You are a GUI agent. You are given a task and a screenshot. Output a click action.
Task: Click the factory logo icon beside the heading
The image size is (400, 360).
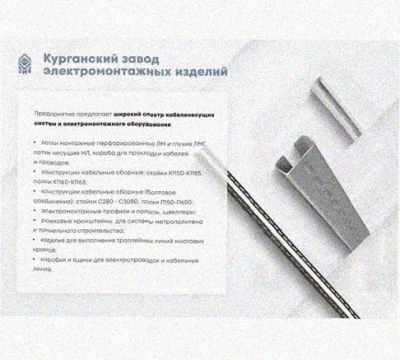30,64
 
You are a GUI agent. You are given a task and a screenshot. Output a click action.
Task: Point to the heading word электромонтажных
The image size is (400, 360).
108,71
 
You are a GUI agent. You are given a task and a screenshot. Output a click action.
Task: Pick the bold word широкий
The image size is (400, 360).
139,115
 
